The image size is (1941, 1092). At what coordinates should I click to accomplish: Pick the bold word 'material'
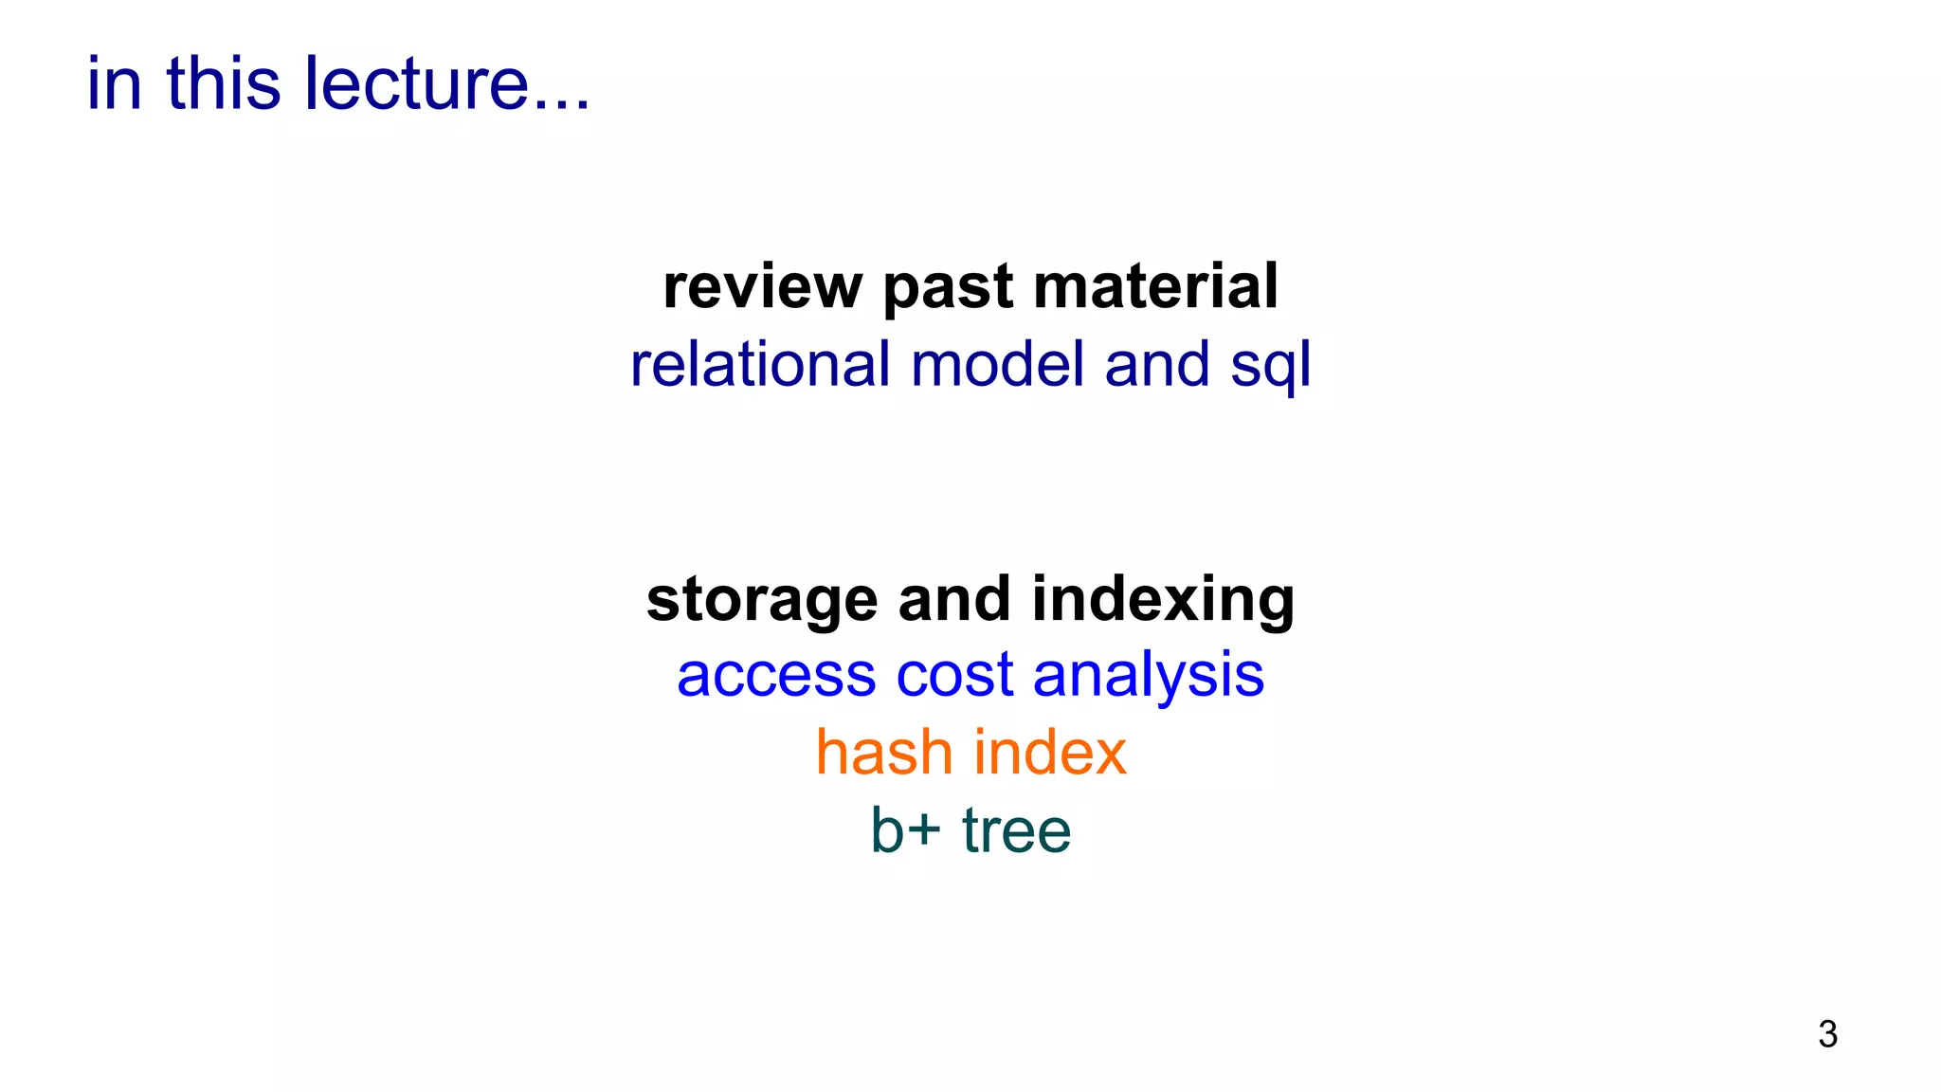pos(1155,286)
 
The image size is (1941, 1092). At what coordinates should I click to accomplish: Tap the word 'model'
pos(997,364)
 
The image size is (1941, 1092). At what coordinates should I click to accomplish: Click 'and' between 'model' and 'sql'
pos(1157,364)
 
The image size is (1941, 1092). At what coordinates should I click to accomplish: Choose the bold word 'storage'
pos(762,601)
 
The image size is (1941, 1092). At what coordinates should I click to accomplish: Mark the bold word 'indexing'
pos(1163,601)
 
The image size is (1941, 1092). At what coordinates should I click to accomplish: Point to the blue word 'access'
pos(776,676)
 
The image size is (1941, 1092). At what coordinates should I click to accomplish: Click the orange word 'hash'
pos(884,753)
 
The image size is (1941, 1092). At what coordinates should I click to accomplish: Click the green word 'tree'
pos(1016,830)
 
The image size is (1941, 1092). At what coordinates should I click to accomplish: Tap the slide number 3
pos(1827,1034)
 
